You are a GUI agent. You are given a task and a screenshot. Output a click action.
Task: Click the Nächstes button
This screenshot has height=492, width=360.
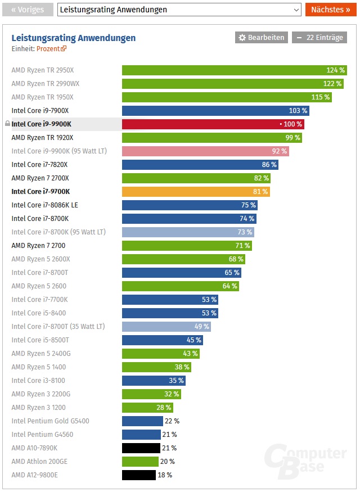pyautogui.click(x=331, y=10)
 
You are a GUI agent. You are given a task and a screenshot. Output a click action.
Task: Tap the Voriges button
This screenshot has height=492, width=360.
pyautogui.click(x=28, y=10)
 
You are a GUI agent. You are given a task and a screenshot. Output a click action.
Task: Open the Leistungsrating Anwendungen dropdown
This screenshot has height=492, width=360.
pyautogui.click(x=179, y=10)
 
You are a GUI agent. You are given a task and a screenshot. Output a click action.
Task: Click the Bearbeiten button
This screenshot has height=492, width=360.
pyautogui.click(x=262, y=38)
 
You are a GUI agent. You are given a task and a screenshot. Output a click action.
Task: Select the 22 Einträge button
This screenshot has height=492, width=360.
pyautogui.click(x=319, y=38)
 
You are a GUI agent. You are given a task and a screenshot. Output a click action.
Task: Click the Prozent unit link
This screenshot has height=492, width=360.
pyautogui.click(x=51, y=49)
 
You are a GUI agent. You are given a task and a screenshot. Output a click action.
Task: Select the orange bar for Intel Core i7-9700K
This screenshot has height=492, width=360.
pyautogui.click(x=196, y=192)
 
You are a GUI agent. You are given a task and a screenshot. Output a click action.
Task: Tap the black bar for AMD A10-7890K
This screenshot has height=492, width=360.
pyautogui.click(x=141, y=448)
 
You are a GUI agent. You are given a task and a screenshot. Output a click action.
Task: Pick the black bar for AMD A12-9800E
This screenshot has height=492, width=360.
pyautogui.click(x=139, y=475)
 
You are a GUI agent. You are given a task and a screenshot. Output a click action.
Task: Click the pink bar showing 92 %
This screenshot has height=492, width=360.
pyautogui.click(x=206, y=151)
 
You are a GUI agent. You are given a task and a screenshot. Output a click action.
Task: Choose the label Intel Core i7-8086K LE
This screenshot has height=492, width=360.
pyautogui.click(x=44, y=205)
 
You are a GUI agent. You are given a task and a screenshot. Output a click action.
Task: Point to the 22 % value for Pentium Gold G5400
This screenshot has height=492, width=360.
pyautogui.click(x=172, y=421)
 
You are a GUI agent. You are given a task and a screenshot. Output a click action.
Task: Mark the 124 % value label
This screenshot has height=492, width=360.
pyautogui.click(x=335, y=70)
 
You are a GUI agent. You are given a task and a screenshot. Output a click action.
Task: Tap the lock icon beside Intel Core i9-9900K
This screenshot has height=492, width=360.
pyautogui.click(x=7, y=124)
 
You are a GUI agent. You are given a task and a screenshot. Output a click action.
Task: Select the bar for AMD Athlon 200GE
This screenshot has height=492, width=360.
pyautogui.click(x=140, y=462)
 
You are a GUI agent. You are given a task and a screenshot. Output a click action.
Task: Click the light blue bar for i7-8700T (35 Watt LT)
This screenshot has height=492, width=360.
pyautogui.click(x=166, y=327)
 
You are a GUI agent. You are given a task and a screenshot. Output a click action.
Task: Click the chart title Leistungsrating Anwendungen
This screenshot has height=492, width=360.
pyautogui.click(x=74, y=38)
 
